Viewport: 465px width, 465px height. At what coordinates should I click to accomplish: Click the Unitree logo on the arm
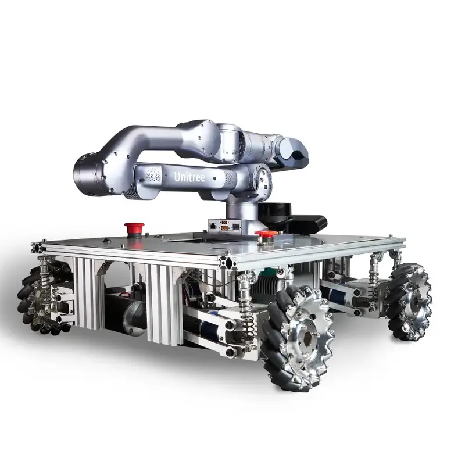pos(189,176)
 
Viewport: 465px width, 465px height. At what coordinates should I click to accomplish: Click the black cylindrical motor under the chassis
pos(125,314)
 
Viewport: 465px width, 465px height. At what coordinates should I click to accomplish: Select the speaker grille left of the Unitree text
pos(153,174)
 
